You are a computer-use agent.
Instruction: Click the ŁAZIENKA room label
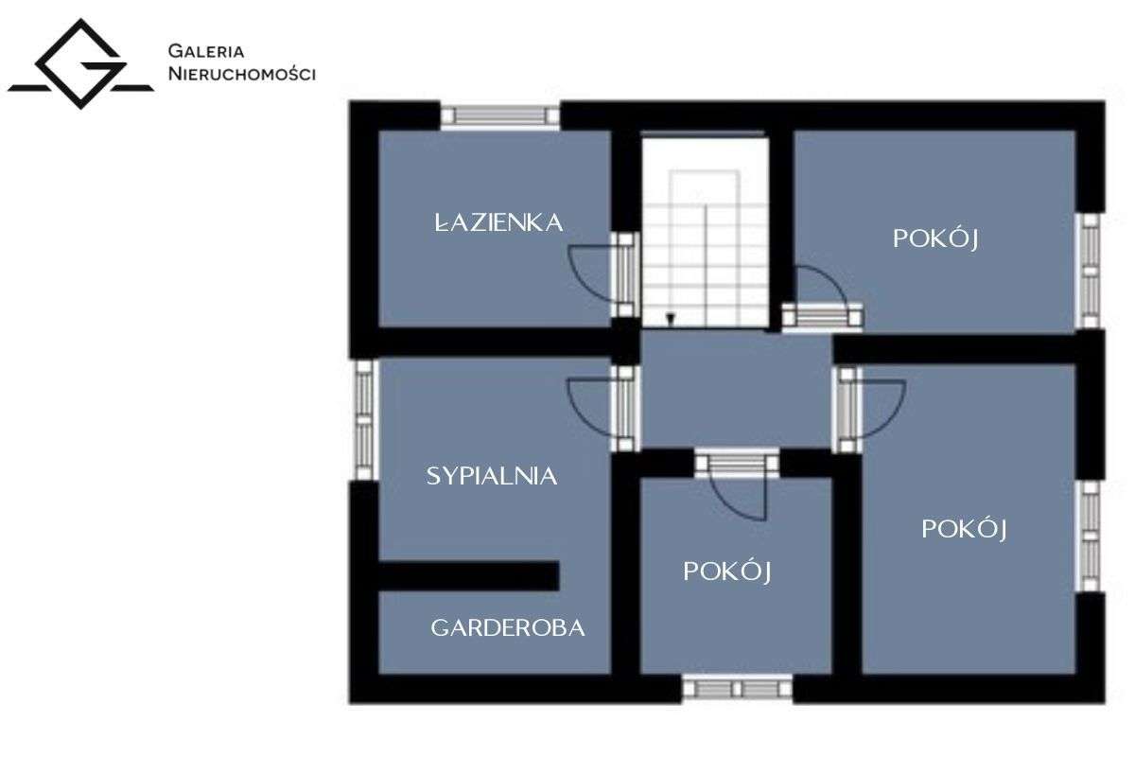[499, 222]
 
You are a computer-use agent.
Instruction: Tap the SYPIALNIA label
[492, 476]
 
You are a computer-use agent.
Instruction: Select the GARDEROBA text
[508, 627]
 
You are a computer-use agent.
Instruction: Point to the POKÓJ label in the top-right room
[935, 238]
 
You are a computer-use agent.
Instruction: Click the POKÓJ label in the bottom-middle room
[727, 571]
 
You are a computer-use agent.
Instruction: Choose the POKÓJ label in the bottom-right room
[964, 529]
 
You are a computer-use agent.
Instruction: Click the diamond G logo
[81, 64]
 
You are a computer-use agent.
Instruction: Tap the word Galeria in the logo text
[206, 51]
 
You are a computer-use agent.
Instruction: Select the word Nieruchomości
[242, 74]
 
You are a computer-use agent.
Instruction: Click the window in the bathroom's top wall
[499, 116]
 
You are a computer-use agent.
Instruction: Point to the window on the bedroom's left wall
[364, 420]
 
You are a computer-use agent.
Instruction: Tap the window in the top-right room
[1090, 272]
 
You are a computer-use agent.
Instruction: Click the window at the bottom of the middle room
[737, 689]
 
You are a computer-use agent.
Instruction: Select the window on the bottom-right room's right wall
[1090, 536]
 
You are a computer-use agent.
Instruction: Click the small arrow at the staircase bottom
[671, 319]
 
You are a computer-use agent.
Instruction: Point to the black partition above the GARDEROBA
[469, 575]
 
